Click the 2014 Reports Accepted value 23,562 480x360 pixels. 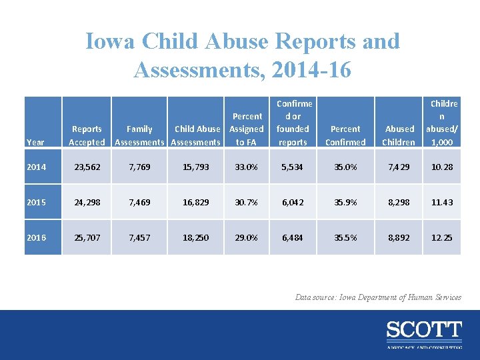(x=87, y=167)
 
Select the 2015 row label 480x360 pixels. (x=37, y=202)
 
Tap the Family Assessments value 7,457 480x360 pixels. (x=139, y=237)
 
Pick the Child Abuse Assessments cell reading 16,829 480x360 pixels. (x=195, y=202)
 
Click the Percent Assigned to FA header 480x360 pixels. (x=247, y=129)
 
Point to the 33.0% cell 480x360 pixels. (x=247, y=167)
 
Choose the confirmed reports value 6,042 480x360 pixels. (x=293, y=202)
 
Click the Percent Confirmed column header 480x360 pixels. (x=345, y=135)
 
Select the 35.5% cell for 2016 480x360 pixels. (x=345, y=237)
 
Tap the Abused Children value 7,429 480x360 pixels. (x=399, y=167)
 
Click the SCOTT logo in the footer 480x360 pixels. (x=423, y=331)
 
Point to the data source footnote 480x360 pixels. (x=378, y=297)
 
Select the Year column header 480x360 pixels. (x=35, y=142)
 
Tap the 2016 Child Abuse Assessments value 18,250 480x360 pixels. (x=195, y=237)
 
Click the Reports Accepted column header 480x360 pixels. (x=87, y=135)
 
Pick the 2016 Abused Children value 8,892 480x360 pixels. (x=399, y=237)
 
